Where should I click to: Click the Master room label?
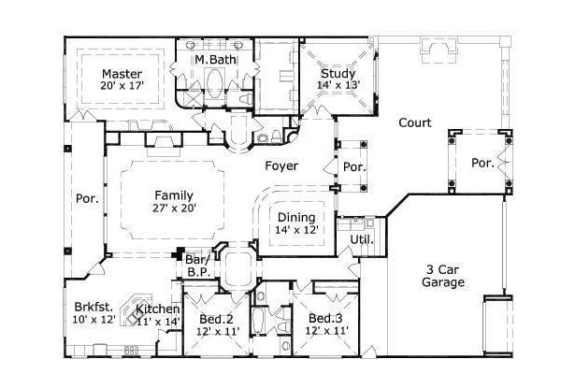click(121, 73)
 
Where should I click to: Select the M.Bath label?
click(215, 60)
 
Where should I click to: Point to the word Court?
click(414, 122)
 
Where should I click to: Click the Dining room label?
click(295, 216)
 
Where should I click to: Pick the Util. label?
click(361, 238)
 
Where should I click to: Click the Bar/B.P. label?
click(196, 265)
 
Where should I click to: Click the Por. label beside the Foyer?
click(353, 168)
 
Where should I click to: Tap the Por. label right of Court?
click(482, 162)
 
